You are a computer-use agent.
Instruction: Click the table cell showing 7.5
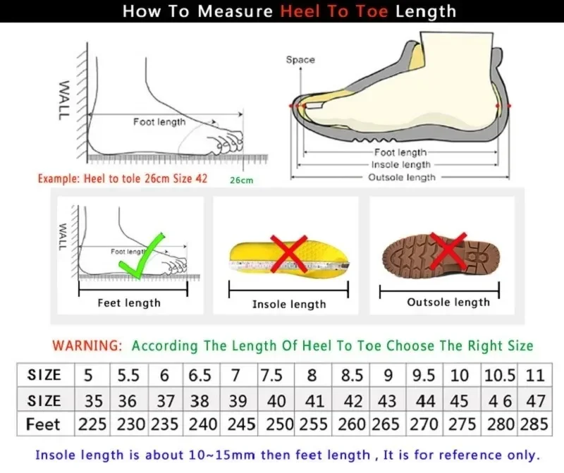[271, 375]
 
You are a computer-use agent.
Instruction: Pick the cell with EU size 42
[352, 400]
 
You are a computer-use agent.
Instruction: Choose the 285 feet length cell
[535, 425]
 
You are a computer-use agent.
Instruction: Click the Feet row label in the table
[44, 425]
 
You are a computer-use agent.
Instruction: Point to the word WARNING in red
[87, 346]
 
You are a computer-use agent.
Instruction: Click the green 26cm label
[241, 180]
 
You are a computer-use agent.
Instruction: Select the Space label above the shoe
[300, 60]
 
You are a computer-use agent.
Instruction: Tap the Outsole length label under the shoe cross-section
[402, 178]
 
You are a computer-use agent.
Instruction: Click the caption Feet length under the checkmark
[129, 303]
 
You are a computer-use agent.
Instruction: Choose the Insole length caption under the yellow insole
[289, 305]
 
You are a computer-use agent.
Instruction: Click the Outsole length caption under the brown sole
[448, 302]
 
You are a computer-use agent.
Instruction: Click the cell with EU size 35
[93, 400]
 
